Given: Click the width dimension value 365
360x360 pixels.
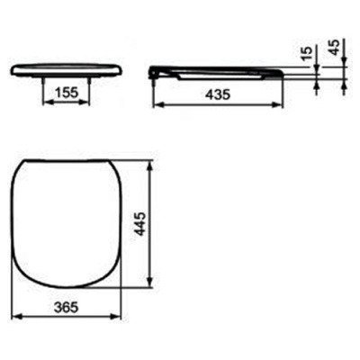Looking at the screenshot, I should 65,307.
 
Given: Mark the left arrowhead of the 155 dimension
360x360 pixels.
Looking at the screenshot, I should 45,104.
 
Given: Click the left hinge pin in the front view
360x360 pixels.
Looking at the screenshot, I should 44,77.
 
